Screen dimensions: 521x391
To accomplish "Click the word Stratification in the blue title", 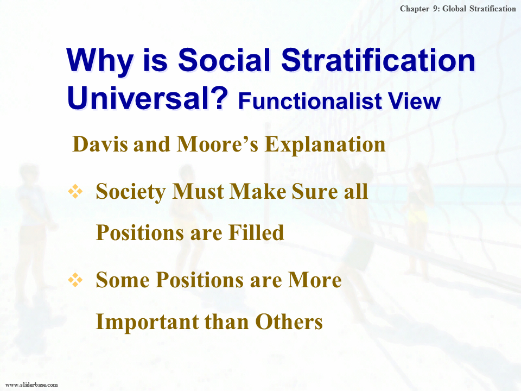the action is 378,60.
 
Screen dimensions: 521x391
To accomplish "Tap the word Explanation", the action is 325,146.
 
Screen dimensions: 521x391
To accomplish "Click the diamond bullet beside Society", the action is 75,191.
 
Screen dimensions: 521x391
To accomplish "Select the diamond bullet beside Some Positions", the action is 75,280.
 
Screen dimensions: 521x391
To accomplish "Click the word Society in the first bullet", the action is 131,192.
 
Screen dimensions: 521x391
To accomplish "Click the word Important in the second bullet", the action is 147,322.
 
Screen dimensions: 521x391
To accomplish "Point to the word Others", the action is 289,321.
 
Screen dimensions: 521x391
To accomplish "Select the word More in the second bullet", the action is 315,280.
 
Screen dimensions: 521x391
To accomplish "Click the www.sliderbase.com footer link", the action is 32,384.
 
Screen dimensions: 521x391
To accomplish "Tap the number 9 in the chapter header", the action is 436,9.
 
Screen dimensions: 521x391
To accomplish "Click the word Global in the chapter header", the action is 454,9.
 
